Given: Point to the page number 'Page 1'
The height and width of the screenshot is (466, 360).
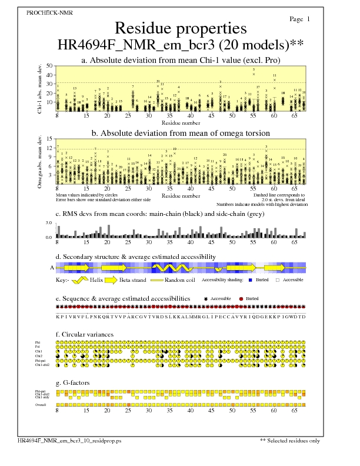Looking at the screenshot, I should click(300, 19).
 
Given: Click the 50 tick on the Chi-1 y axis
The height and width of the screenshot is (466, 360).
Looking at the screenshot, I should click(49, 66).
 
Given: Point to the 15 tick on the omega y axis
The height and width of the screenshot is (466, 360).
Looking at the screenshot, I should click(49, 139).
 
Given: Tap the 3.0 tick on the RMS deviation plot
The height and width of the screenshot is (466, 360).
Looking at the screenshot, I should click(49, 224).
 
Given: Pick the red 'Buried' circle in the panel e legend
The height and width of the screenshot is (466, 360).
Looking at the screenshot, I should click(241, 299).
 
